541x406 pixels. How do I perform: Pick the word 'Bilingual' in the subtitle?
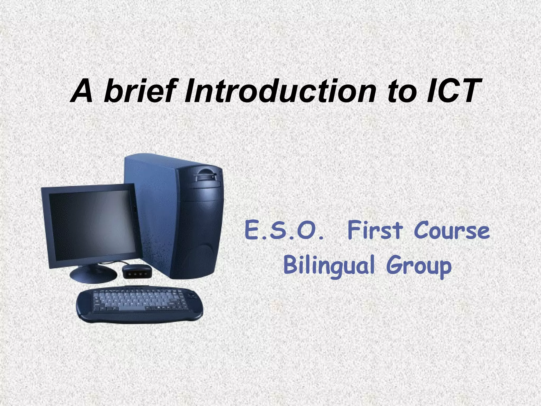329,265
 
